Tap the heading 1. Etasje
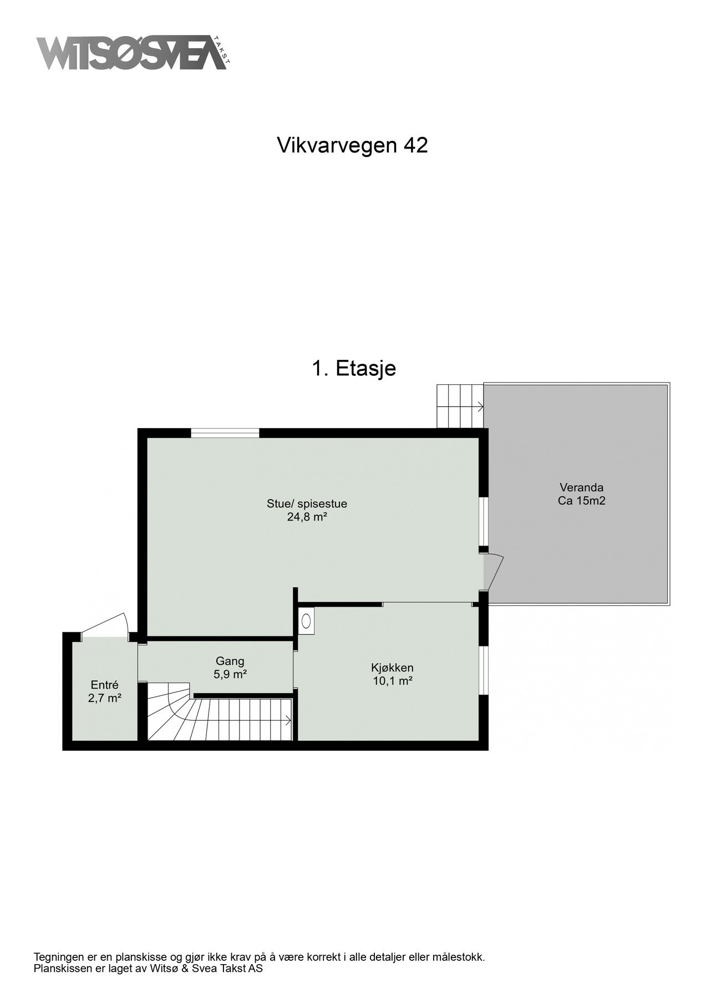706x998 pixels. point(354,368)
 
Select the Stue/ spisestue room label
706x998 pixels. point(307,504)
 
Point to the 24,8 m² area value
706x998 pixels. point(307,517)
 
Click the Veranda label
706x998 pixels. point(581,488)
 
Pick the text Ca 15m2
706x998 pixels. point(581,501)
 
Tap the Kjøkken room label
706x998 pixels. point(392,668)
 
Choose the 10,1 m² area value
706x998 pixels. point(392,681)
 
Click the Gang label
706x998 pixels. point(230,661)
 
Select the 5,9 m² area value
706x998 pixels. point(230,674)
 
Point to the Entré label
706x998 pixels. point(105,685)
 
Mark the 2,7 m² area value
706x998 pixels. point(105,699)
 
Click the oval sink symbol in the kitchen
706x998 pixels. point(306,621)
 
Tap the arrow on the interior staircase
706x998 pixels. point(288,721)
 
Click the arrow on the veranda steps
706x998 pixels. point(478,408)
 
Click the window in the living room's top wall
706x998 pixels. point(225,433)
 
